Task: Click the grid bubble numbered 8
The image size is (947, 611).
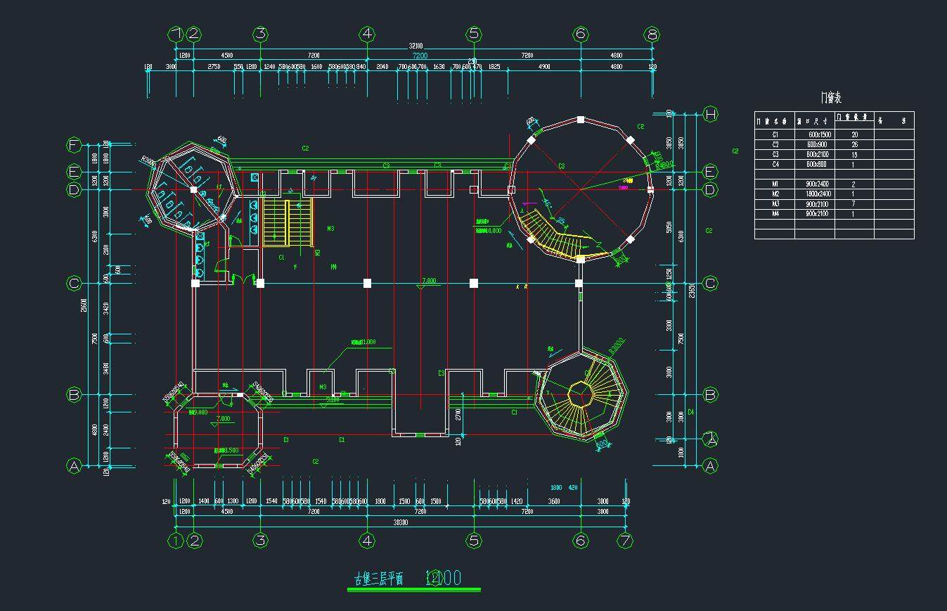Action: click(652, 34)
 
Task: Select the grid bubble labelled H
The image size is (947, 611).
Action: click(710, 114)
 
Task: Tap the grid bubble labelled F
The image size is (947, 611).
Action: click(74, 146)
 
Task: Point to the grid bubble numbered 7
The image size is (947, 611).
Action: click(625, 541)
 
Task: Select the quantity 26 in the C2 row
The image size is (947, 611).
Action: click(854, 144)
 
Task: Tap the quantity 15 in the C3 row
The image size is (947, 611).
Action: click(854, 154)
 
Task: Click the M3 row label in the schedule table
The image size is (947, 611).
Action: click(775, 204)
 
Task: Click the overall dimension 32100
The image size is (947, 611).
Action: click(417, 46)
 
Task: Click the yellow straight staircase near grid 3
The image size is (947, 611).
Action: click(288, 222)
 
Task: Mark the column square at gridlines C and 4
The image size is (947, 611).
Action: click(367, 283)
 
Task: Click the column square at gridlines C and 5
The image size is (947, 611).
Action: click(474, 283)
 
